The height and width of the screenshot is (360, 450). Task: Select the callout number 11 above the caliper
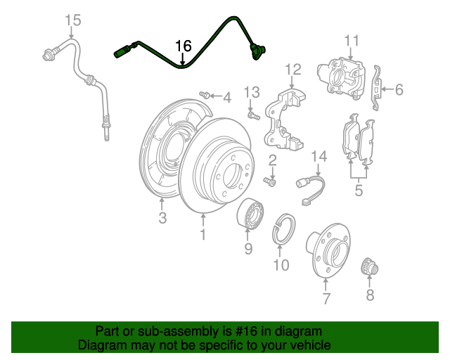[351, 40]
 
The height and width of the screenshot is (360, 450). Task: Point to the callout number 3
[162, 219]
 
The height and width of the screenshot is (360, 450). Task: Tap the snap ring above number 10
[283, 230]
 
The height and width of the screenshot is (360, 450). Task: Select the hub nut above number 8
[368, 267]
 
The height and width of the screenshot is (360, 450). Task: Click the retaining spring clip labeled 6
[378, 89]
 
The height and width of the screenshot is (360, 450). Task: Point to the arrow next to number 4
[216, 97]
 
